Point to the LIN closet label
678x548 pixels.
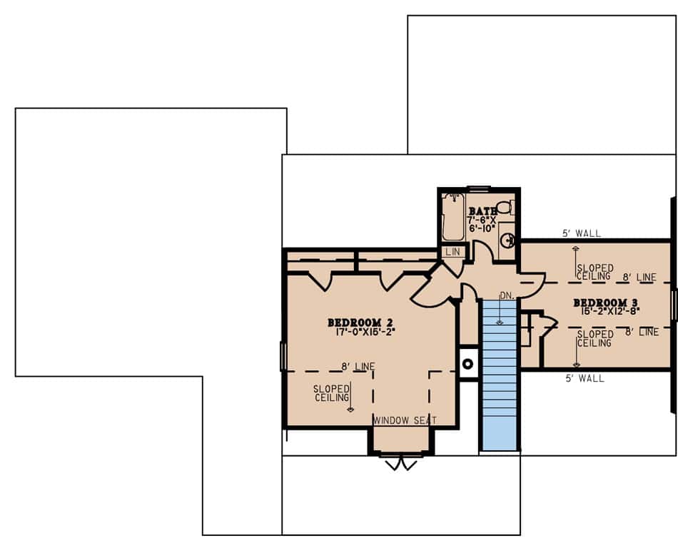tap(452, 252)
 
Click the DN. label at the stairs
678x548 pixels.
tap(507, 295)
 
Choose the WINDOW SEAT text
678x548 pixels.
tap(405, 420)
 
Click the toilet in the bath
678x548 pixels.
tap(504, 208)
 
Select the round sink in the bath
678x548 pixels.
tap(507, 239)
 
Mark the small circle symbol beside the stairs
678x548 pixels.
tap(468, 365)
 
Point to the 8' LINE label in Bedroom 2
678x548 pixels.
tap(358, 367)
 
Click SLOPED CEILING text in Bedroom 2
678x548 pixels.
tap(331, 393)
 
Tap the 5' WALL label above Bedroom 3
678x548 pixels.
tap(582, 233)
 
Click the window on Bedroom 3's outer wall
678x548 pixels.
tap(672, 305)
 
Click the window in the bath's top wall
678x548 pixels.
tap(478, 189)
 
